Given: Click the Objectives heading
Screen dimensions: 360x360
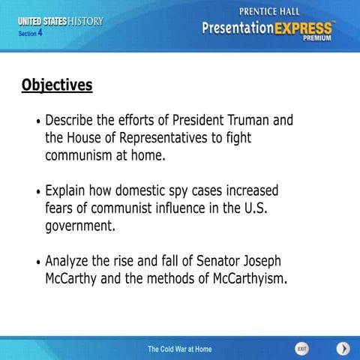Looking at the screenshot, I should (x=57, y=85).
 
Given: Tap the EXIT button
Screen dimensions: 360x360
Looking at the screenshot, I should (x=301, y=349).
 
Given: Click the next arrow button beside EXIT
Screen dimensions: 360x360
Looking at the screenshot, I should (x=343, y=349).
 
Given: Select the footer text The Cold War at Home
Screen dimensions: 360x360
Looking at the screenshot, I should (x=179, y=349).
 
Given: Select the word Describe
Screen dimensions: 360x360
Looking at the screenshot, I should (x=74, y=120).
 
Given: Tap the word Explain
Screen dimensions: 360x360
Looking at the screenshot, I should (x=70, y=190).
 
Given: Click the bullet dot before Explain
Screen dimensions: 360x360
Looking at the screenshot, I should (x=38, y=192).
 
